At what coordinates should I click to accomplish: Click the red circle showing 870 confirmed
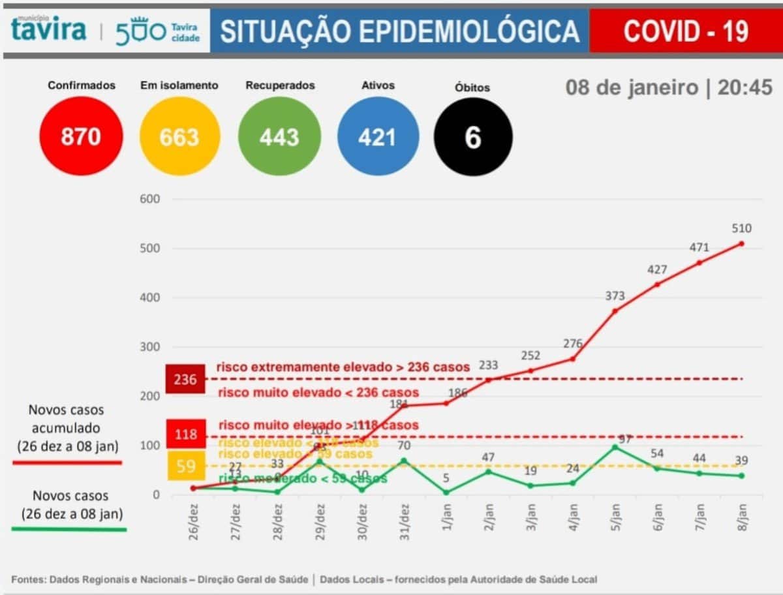click(81, 136)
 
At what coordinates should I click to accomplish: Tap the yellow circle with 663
click(179, 136)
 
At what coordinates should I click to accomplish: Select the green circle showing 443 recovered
click(279, 136)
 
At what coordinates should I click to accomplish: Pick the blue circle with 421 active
click(377, 136)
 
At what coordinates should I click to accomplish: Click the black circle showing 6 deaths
click(473, 136)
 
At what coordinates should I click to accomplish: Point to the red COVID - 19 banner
click(685, 31)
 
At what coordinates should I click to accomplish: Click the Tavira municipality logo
click(49, 30)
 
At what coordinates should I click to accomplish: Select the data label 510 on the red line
click(741, 228)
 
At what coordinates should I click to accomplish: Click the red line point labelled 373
click(615, 311)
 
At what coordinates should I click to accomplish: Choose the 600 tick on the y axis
click(150, 199)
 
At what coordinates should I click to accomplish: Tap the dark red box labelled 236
click(185, 379)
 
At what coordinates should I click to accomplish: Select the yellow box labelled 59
click(186, 466)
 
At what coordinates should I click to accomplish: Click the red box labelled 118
click(186, 434)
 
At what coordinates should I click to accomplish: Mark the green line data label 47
click(488, 456)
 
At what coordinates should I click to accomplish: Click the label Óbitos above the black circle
click(472, 87)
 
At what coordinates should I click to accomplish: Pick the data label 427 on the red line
click(656, 269)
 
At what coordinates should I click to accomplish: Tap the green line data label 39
click(741, 460)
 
